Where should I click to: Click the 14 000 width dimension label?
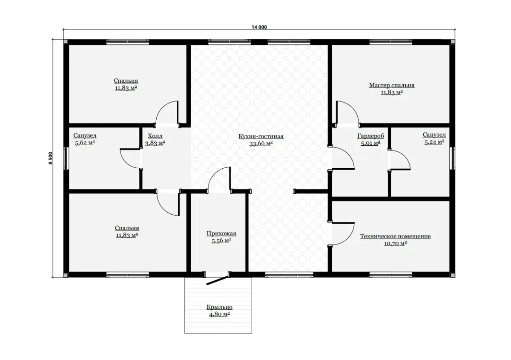[259, 27]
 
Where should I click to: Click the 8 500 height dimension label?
[50, 158]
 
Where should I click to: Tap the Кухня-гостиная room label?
[261, 136]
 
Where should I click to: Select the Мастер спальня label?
[392, 85]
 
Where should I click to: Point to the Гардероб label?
[370, 136]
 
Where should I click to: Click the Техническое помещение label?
[395, 236]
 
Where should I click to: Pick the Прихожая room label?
[221, 233]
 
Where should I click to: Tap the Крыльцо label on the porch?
[219, 307]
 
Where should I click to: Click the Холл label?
[155, 136]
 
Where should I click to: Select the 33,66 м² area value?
[261, 144]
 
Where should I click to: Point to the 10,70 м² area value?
[395, 244]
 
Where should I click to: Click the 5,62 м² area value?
[85, 143]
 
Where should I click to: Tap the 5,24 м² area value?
[434, 142]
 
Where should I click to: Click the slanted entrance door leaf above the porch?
[218, 281]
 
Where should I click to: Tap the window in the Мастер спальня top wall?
[390, 42]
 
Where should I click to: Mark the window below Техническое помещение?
[390, 275]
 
